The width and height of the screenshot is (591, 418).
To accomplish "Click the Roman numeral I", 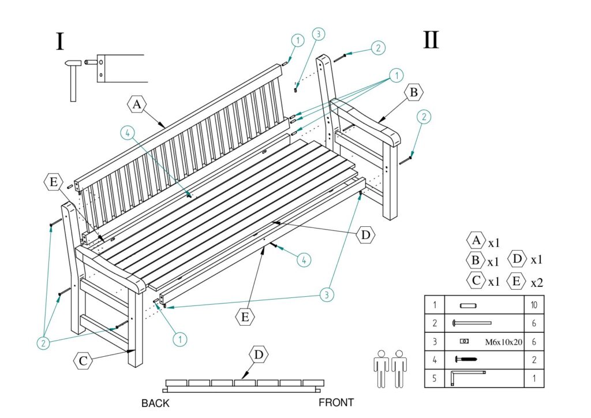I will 60,42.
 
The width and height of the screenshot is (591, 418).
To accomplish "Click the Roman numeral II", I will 431,40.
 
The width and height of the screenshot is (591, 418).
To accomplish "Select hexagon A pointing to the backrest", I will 137,104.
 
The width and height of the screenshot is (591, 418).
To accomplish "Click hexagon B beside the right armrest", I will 414,92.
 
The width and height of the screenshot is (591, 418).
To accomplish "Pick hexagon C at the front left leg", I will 84,361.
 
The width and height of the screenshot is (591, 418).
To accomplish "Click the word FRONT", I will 336,402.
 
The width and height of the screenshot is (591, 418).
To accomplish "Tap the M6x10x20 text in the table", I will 503,342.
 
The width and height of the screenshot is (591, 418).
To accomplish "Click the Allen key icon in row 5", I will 467,378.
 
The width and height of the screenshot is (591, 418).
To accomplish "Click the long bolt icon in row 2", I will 472,323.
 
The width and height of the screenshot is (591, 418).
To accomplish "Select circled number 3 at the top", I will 316,34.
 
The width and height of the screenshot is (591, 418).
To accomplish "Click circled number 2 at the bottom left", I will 43,342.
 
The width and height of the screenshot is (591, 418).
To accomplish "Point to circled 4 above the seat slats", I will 129,133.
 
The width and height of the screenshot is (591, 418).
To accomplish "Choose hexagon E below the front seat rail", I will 245,316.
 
